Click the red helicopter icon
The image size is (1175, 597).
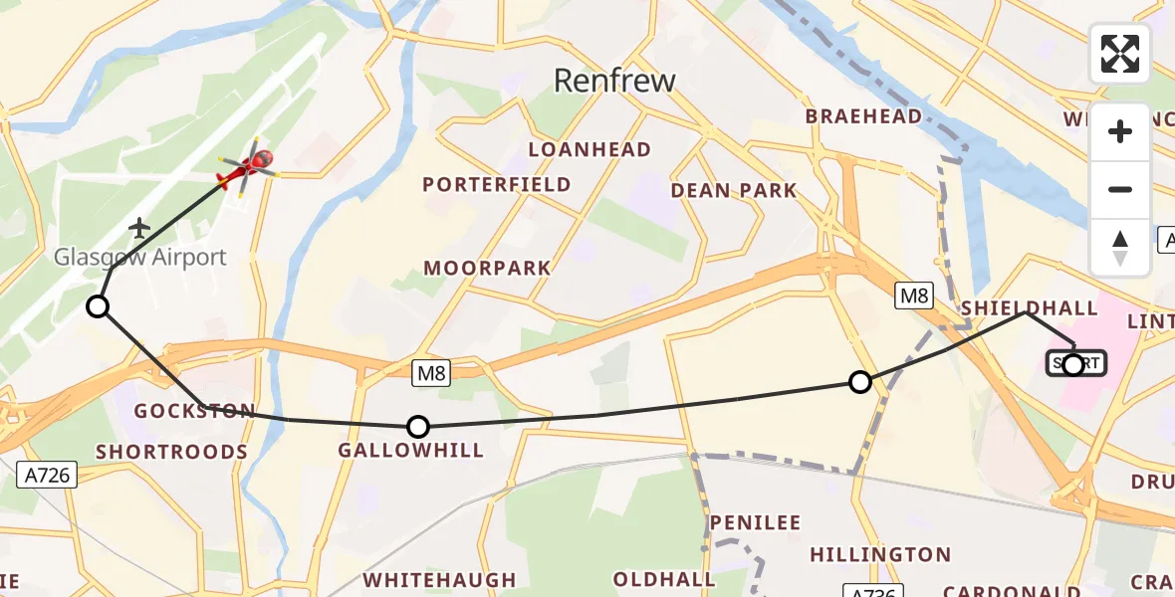247,167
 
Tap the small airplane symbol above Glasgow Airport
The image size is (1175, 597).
139,229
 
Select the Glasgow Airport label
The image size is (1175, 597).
140,257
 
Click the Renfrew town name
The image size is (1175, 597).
614,81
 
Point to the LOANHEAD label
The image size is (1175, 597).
589,150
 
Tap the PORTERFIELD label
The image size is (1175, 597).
497,184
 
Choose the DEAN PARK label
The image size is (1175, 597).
734,190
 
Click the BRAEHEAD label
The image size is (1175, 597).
863,116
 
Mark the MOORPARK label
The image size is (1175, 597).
487,269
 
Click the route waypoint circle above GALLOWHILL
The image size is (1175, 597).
418,427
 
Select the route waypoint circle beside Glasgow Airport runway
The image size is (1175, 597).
98,306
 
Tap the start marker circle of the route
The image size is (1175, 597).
1072,365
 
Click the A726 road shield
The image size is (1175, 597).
47,476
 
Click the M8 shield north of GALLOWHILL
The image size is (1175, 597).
432,373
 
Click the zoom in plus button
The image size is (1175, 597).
1120,131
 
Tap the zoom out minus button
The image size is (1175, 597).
1120,189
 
